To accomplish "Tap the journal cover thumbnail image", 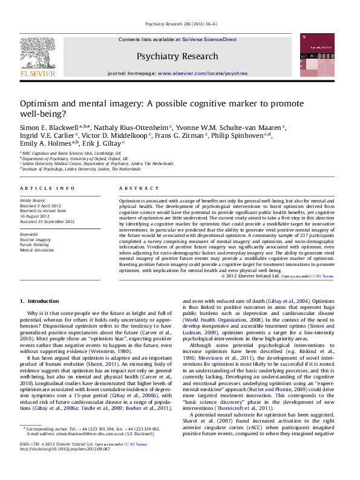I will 316,55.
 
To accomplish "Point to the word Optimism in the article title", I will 40,103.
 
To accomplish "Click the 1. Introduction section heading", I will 39,300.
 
